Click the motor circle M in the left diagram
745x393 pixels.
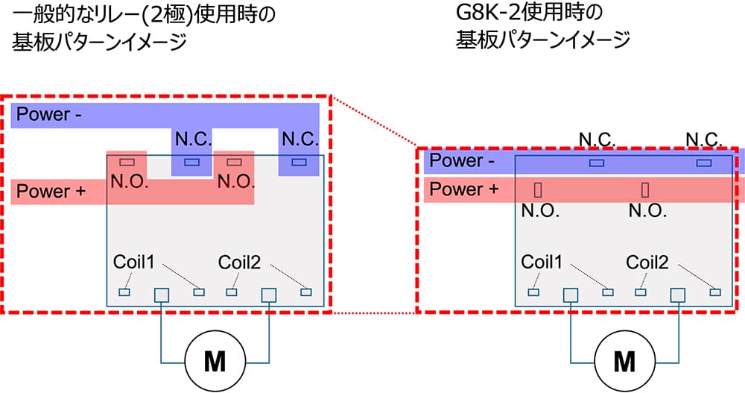215,362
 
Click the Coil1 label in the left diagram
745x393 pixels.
133,262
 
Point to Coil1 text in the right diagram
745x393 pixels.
542,262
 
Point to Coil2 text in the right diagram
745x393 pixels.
647,262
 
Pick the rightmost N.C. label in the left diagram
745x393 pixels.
300,139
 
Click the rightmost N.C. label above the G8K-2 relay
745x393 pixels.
703,139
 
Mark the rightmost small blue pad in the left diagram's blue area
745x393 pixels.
299,162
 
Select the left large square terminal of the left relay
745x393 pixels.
162,295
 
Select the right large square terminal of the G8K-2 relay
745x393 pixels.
678,295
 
